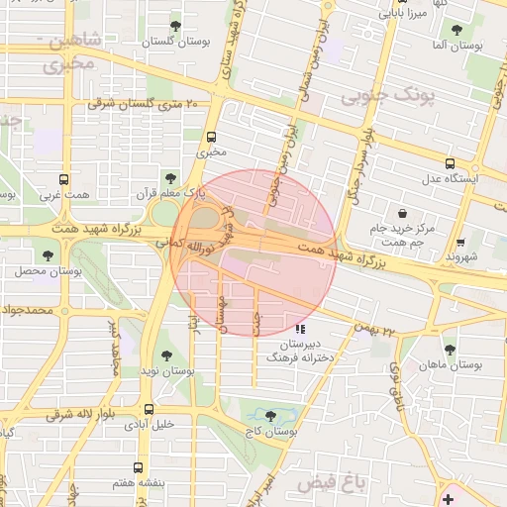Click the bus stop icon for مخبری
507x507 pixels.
211,138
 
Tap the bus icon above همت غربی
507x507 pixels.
64,180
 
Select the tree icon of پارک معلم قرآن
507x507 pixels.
173,178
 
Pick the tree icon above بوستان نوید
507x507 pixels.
165,355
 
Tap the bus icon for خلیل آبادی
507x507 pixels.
149,408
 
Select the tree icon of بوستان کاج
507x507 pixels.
271,415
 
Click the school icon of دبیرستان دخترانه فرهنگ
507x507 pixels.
301,329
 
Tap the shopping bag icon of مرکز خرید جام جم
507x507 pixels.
402,213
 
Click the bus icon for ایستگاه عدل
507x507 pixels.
451,163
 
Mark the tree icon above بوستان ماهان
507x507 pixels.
451,349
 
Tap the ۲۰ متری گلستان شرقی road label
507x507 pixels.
145,103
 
